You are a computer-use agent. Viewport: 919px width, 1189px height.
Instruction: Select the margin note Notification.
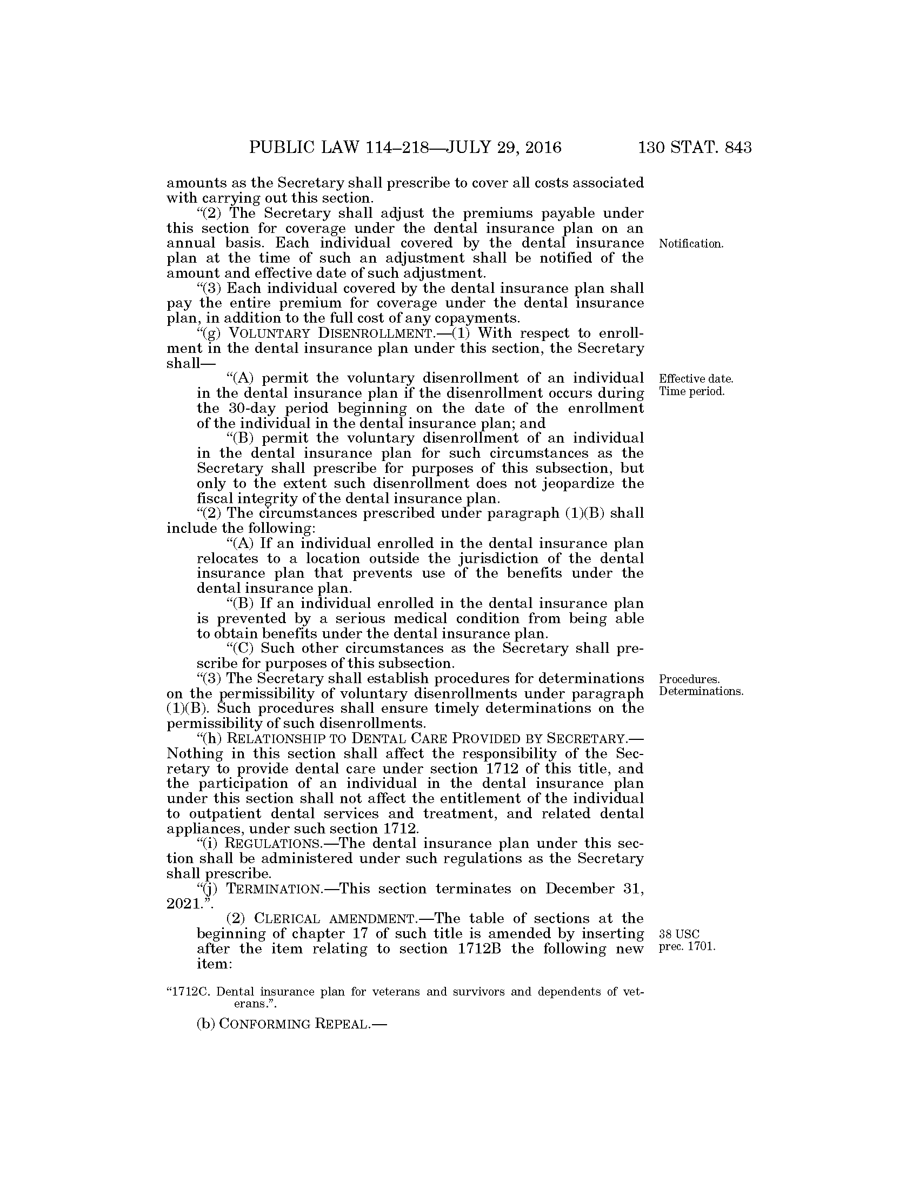(x=691, y=244)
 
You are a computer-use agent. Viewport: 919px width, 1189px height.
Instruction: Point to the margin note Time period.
(x=691, y=391)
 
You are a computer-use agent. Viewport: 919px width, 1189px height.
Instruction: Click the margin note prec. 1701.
(x=687, y=947)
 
